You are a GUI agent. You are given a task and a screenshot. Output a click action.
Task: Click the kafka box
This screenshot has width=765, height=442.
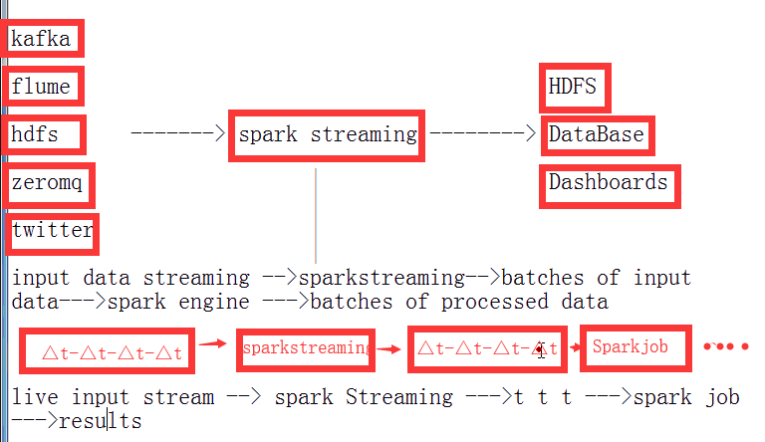(x=43, y=39)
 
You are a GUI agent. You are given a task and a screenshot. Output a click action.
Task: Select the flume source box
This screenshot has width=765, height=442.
(x=43, y=87)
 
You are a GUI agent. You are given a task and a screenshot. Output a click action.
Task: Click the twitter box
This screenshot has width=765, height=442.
(x=53, y=231)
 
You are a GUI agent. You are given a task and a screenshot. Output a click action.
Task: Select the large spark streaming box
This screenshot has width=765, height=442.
(x=327, y=134)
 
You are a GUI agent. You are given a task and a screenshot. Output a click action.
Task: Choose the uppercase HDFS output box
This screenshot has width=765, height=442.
(x=574, y=87)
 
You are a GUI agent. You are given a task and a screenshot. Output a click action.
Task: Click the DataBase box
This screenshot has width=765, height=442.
(x=597, y=134)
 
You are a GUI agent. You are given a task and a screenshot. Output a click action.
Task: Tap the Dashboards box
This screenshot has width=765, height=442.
(x=608, y=183)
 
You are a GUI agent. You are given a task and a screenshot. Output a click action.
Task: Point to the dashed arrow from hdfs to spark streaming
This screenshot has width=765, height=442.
(x=179, y=132)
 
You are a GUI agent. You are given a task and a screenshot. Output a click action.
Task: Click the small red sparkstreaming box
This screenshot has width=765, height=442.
(x=306, y=348)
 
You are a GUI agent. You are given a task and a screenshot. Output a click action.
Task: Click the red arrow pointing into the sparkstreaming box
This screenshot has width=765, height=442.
(x=211, y=343)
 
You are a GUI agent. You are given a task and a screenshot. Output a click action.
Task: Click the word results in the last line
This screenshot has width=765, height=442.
(x=100, y=421)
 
